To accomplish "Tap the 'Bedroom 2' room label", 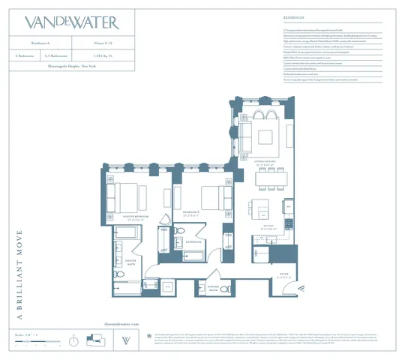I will click(x=194, y=213).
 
